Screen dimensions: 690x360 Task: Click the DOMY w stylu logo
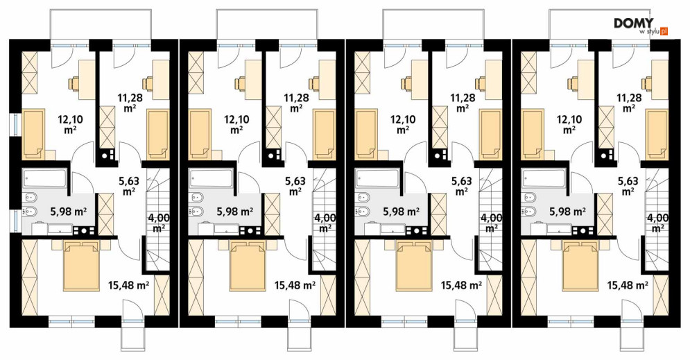641,26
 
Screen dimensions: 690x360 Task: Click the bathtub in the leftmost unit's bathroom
44,179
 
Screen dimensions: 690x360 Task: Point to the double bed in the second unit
247,266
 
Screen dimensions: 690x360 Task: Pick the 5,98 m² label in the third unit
401,212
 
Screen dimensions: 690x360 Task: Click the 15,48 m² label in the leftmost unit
128,285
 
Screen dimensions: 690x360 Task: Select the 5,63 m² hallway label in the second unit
295,185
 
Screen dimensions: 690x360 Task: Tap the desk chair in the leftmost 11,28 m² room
146,83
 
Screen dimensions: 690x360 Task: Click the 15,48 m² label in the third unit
461,285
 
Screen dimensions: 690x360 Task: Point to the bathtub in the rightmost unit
543,179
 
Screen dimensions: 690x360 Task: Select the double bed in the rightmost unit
580,266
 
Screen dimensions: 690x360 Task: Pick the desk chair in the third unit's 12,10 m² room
406,83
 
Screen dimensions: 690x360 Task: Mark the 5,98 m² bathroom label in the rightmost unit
567,212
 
